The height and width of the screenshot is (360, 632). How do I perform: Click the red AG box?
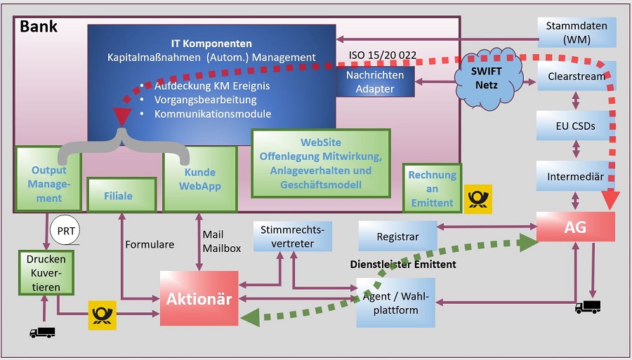[576, 227]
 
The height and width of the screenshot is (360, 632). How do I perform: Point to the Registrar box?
[397, 236]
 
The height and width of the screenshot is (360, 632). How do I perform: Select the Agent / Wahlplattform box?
[395, 302]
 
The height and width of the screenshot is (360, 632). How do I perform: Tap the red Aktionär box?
[199, 298]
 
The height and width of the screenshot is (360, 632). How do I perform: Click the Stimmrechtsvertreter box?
[294, 236]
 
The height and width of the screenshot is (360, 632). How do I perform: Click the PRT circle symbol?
[65, 230]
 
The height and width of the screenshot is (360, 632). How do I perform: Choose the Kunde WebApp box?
[199, 179]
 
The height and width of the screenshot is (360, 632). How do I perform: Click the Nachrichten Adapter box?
[375, 81]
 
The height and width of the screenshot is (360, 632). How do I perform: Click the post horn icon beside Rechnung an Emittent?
[478, 199]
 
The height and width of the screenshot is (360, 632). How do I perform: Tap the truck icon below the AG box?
[588, 306]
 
